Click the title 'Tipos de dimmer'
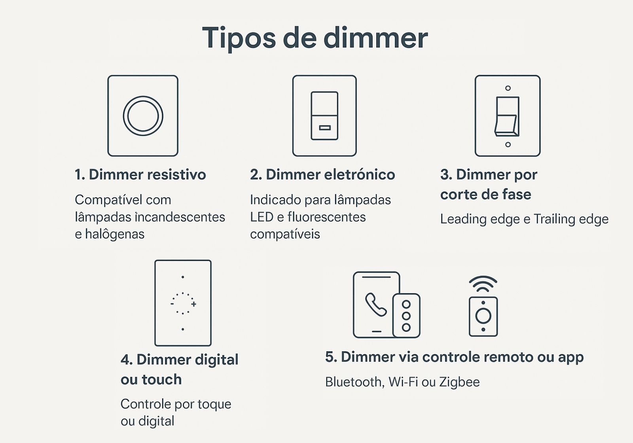(x=315, y=38)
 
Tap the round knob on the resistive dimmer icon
(x=143, y=116)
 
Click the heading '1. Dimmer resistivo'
(x=140, y=174)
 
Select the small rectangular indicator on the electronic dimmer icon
(x=324, y=128)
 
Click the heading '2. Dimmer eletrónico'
(x=322, y=174)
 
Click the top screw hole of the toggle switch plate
(x=508, y=88)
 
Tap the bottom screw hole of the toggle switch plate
(x=508, y=144)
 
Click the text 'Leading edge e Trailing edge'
(x=524, y=219)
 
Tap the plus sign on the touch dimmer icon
(x=193, y=304)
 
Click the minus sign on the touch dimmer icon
(x=172, y=304)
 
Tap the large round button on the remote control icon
(x=483, y=316)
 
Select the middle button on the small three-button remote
(x=406, y=316)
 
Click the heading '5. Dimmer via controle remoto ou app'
(x=454, y=357)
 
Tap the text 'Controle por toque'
(x=176, y=404)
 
